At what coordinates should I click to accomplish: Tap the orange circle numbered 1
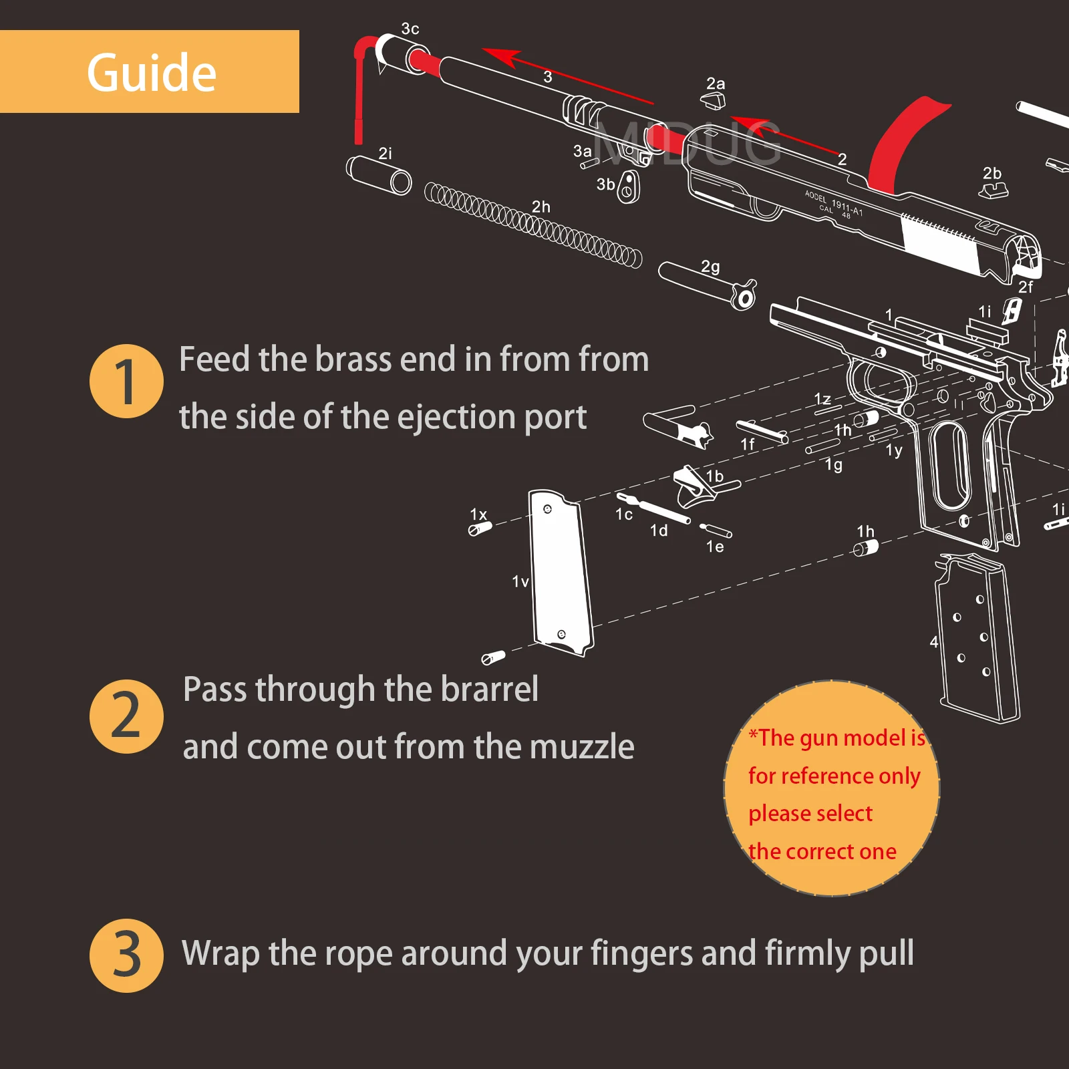(x=126, y=381)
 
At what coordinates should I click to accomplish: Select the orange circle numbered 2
(x=126, y=716)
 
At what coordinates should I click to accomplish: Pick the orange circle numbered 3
(x=126, y=955)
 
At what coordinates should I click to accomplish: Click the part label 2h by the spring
(x=541, y=207)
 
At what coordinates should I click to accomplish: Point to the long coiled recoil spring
(x=533, y=224)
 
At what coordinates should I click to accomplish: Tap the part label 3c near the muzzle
(x=410, y=29)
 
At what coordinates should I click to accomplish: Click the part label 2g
(x=710, y=267)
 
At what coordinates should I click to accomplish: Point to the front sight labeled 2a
(x=713, y=101)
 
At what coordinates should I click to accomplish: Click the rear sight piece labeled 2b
(x=994, y=190)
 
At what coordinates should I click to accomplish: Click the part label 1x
(x=478, y=514)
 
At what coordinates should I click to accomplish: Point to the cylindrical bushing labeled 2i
(x=379, y=175)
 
